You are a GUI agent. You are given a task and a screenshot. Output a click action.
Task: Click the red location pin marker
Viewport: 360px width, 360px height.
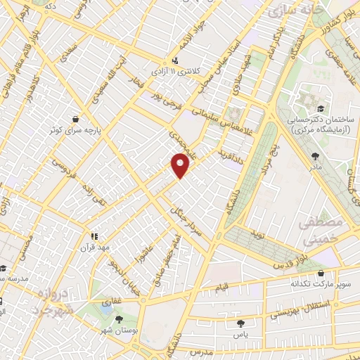pyautogui.click(x=181, y=165)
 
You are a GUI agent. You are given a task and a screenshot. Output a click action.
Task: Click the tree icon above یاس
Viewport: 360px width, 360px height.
pyautogui.click(x=241, y=323)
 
